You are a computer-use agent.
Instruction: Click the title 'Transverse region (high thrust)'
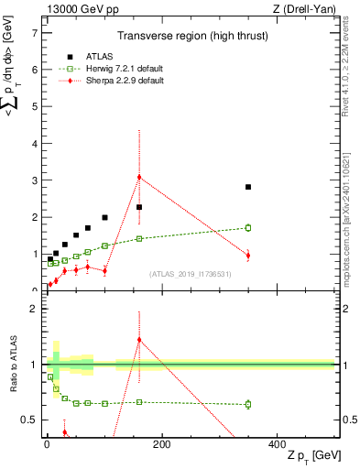[x=191, y=37]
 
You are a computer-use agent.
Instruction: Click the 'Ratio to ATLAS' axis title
[x=12, y=365]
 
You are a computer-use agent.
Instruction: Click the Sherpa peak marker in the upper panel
[x=139, y=177]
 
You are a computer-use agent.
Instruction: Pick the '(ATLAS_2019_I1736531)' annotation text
[x=191, y=274]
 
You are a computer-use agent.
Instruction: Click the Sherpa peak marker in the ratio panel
[x=139, y=339]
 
